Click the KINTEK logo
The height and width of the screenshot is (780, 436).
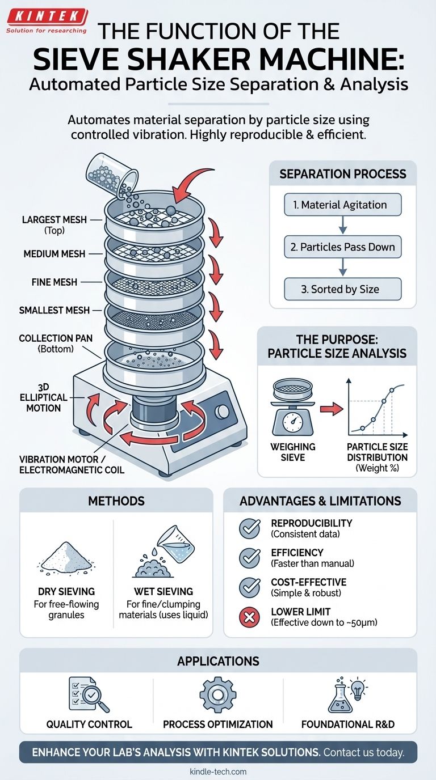[47, 17]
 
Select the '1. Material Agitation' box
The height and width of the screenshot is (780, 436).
[342, 204]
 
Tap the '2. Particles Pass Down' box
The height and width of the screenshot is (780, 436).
[342, 247]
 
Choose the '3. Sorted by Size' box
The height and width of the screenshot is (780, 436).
[342, 289]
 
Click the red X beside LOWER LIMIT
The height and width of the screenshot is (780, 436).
[249, 618]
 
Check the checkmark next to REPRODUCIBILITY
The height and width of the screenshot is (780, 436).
[249, 528]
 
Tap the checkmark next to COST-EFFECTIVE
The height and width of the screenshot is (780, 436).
[249, 588]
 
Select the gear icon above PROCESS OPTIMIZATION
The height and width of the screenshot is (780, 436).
[217, 694]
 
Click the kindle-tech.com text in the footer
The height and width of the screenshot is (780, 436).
[218, 771]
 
